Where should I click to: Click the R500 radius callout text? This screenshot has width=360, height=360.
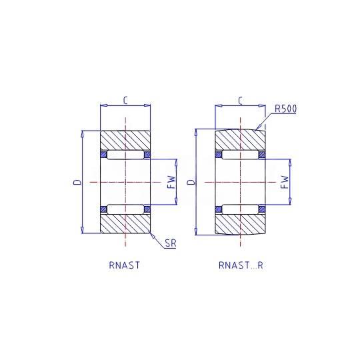(x=285, y=109)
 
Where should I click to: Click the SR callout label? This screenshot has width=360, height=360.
(x=171, y=243)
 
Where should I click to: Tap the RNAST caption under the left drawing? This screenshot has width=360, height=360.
(x=124, y=265)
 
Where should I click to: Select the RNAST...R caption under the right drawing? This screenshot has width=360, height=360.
(x=241, y=265)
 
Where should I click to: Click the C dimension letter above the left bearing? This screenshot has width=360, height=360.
(x=125, y=100)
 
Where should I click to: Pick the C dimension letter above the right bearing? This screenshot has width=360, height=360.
(x=240, y=101)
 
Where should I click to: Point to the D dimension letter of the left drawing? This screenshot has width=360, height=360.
(x=77, y=182)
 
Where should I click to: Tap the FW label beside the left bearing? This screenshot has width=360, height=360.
(x=171, y=182)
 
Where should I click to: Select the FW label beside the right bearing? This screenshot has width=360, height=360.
(x=285, y=182)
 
